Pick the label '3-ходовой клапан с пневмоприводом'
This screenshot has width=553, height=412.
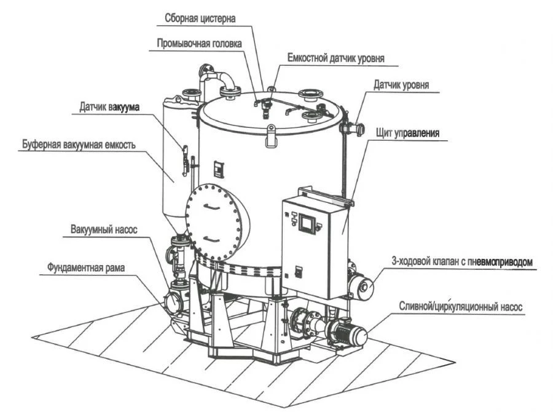point(461,262)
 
